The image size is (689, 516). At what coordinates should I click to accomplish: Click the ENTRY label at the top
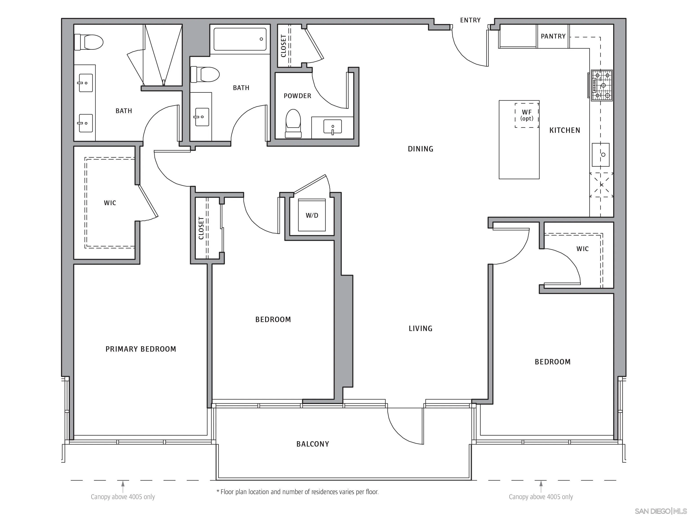(x=470, y=20)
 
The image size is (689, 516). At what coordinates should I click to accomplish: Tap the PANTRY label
(x=553, y=36)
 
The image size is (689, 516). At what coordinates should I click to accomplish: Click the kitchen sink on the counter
(x=601, y=155)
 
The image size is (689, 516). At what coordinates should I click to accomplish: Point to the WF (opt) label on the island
(x=527, y=115)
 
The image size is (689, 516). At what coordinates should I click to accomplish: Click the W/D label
(x=312, y=215)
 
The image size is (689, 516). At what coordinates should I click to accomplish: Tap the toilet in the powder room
(x=293, y=123)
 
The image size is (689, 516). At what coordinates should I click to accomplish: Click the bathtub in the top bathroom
(x=240, y=39)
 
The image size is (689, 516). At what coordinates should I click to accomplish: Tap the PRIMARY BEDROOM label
(x=141, y=349)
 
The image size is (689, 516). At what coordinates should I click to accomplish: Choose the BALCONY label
(x=313, y=444)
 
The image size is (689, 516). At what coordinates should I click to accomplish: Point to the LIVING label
(x=421, y=329)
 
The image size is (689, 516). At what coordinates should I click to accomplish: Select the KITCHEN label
(x=565, y=130)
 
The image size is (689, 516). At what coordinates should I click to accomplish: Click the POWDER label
(x=297, y=96)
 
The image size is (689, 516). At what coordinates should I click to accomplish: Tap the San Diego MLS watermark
(x=661, y=511)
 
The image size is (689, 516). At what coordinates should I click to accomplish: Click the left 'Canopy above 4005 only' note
(x=123, y=497)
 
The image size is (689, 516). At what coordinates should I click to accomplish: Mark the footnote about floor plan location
(x=297, y=492)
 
